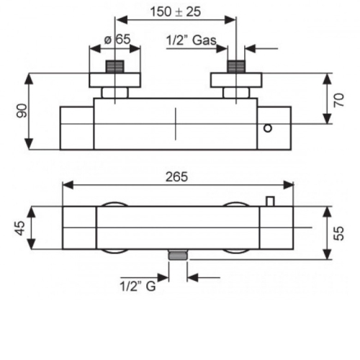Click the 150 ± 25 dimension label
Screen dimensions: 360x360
pos(176,12)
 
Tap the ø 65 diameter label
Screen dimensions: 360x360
pos(117,40)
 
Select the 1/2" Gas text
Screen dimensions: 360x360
pos(192,40)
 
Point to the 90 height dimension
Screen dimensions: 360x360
pos(22,111)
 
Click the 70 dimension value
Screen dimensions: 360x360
pos(339,100)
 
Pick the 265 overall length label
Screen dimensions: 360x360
pos(176,177)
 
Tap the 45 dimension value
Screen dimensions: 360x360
pos(20,228)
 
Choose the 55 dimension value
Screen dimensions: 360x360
pos(339,233)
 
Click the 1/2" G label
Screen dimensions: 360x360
pos(138,286)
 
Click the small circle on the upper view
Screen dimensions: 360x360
pos(268,128)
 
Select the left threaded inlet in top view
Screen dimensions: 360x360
pos(115,66)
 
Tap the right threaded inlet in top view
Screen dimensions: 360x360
pos(236,66)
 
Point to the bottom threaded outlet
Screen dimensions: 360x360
pos(178,255)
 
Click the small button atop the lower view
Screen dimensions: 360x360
pos(270,201)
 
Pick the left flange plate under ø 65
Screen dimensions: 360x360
pos(115,80)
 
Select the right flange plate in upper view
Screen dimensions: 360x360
pos(236,80)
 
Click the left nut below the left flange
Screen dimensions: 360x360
pos(115,93)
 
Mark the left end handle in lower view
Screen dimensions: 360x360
pos(79,228)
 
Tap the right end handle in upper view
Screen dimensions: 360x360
pos(274,128)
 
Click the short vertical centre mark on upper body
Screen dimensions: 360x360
pos(176,124)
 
